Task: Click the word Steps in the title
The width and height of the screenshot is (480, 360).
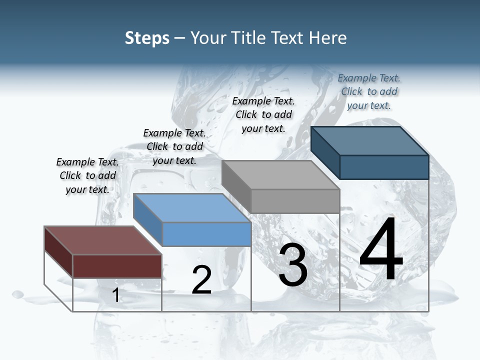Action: pyautogui.click(x=147, y=38)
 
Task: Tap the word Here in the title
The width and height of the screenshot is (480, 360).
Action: pyautogui.click(x=328, y=38)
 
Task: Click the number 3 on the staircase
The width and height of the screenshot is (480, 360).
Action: pyautogui.click(x=293, y=265)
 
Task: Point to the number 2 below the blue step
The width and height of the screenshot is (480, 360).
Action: pyautogui.click(x=201, y=280)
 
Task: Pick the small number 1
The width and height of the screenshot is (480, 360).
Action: pyautogui.click(x=116, y=295)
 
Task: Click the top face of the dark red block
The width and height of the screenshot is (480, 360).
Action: pyautogui.click(x=102, y=240)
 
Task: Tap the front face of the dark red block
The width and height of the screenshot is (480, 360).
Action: pyautogui.click(x=117, y=266)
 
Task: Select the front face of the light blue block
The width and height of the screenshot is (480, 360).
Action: pyautogui.click(x=207, y=234)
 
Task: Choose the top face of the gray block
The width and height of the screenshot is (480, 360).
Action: pyautogui.click(x=280, y=175)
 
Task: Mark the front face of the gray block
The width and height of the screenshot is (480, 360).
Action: pyautogui.click(x=295, y=201)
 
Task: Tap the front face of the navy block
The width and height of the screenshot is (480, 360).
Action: pyautogui.click(x=384, y=167)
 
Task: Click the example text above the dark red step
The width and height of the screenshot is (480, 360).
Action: pyautogui.click(x=87, y=175)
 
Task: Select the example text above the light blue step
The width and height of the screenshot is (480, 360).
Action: pyautogui.click(x=174, y=146)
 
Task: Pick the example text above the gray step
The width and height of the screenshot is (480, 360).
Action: pyautogui.click(x=263, y=114)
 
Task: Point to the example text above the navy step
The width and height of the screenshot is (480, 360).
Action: pyautogui.click(x=369, y=91)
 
